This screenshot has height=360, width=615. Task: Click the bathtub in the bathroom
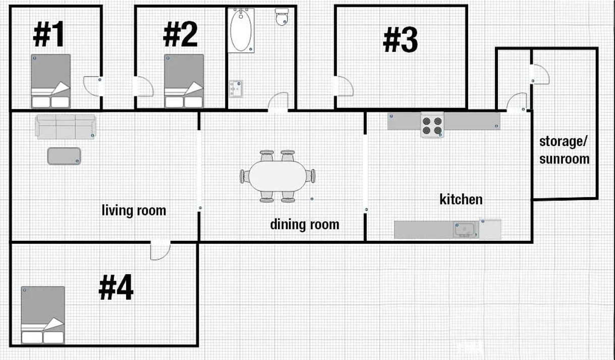241,30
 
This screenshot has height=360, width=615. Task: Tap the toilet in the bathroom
282,17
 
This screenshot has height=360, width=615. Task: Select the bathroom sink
236,89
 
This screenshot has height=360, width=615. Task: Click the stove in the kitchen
432,125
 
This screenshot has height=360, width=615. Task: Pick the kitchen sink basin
465,229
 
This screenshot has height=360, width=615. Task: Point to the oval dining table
277,176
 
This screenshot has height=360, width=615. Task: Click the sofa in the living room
66,127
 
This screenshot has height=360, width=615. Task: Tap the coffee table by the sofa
64,156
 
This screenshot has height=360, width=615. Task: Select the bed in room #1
51,81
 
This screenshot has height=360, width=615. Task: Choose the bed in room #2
184,81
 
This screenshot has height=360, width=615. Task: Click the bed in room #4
43,315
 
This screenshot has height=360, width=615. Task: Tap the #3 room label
401,40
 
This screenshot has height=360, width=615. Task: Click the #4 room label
116,287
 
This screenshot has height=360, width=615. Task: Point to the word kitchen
461,199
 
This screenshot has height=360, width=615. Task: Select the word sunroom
564,159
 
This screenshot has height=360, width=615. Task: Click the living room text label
134,211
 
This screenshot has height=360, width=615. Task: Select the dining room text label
305,225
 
